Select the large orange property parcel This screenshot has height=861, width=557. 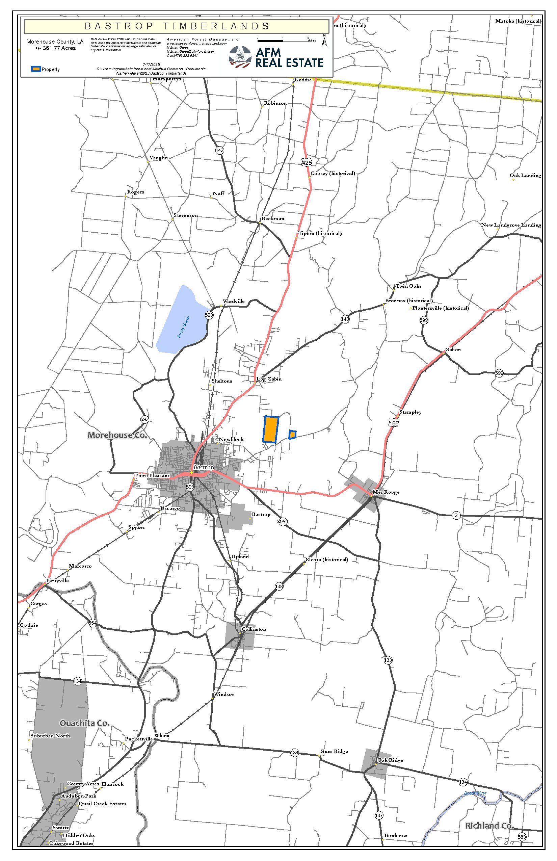point(271,429)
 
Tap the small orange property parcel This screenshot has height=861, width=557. point(292,435)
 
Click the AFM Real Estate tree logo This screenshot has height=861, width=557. point(240,57)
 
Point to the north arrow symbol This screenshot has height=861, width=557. point(324,41)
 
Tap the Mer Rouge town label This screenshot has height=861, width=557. point(386,492)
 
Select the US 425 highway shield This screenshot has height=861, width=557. point(307,162)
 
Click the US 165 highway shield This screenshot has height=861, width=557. point(394,423)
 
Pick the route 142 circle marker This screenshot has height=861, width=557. point(219,150)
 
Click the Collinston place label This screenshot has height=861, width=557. point(254,629)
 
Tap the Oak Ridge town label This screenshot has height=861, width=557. point(390,760)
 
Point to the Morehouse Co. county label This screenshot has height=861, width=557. point(117,435)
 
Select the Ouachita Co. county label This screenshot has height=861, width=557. point(84,723)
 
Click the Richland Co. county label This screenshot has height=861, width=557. point(489,826)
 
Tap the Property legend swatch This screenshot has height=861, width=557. point(36,69)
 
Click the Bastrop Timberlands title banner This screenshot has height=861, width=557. point(177,26)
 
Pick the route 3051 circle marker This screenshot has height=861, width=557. point(283,521)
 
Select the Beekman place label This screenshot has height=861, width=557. point(273,218)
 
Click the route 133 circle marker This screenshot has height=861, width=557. point(388,660)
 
